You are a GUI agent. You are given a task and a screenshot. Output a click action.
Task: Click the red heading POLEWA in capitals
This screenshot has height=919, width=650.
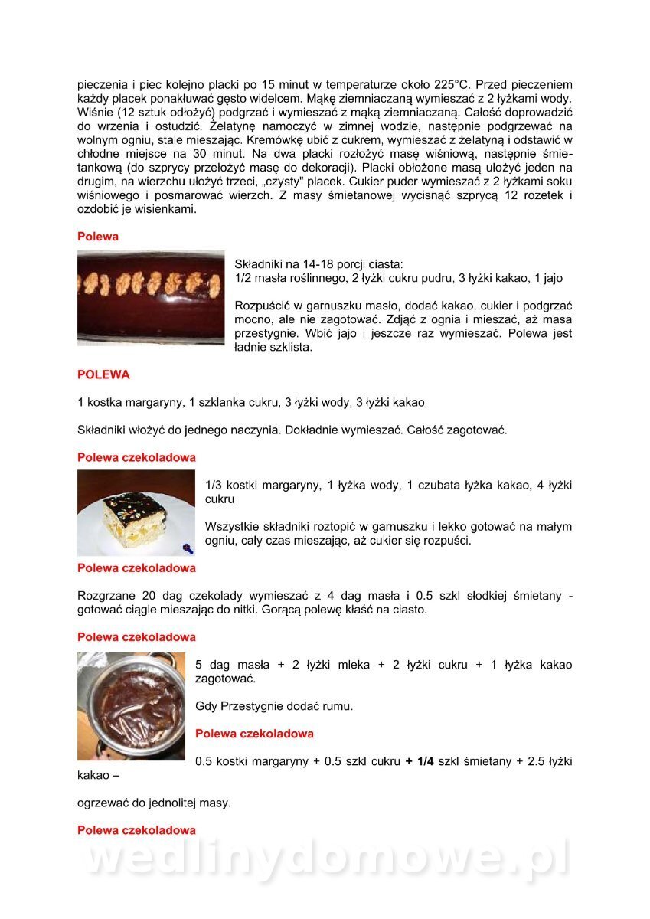103,375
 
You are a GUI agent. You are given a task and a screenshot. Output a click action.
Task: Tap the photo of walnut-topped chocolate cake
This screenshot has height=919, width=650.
151,297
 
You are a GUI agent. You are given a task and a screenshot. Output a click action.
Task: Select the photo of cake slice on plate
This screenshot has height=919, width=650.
136,513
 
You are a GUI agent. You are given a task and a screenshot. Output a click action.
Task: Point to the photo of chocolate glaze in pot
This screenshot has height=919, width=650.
131,705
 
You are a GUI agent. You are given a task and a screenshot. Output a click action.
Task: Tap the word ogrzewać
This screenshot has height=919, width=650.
103,803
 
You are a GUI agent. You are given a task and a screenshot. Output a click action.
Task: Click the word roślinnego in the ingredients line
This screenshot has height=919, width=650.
310,279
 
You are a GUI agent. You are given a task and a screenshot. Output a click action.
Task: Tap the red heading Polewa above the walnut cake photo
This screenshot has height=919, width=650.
98,237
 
